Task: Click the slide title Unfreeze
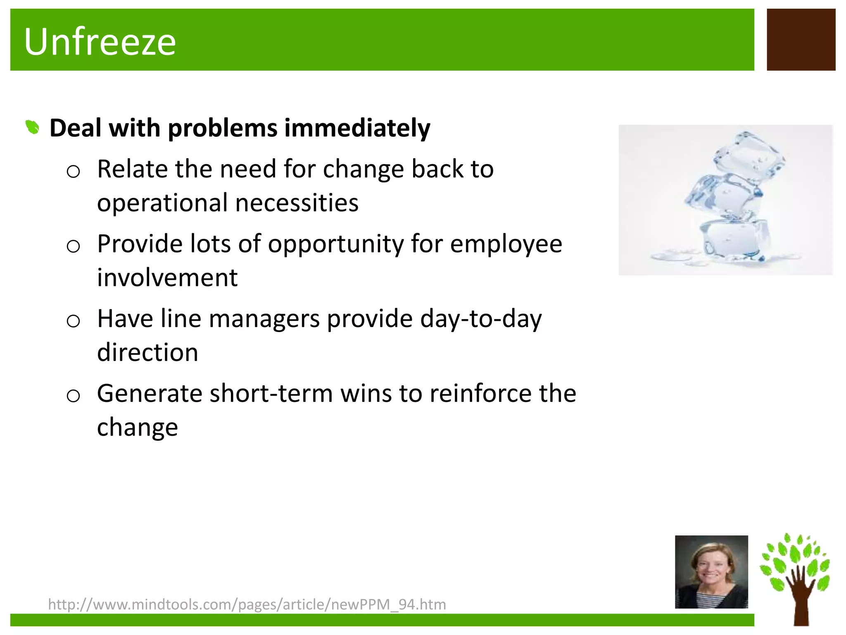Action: [x=100, y=41]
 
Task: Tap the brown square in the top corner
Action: [x=801, y=40]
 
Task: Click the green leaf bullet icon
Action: [x=32, y=127]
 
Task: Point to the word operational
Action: [x=162, y=203]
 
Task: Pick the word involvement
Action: [x=167, y=277]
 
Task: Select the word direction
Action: [x=147, y=352]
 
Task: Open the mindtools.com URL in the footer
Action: [x=247, y=604]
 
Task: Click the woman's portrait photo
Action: [x=711, y=572]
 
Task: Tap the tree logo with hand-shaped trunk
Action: [x=795, y=579]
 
